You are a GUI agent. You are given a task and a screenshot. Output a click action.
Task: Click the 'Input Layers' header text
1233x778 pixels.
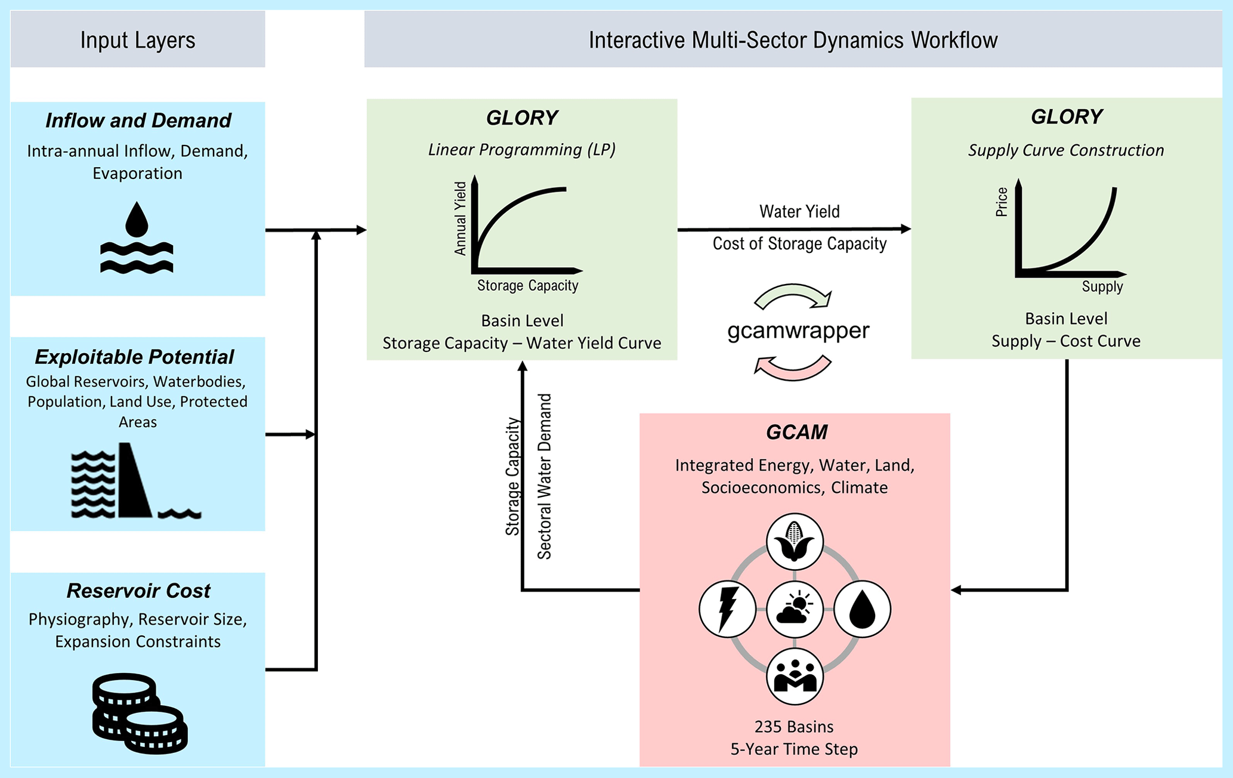pyautogui.click(x=138, y=40)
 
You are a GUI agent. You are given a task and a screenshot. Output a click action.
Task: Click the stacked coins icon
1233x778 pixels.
pyautogui.click(x=140, y=713)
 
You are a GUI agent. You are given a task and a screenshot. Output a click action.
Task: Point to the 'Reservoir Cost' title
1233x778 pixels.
pyautogui.click(x=138, y=591)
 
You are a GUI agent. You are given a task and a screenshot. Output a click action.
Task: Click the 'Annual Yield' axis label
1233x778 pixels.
pyautogui.click(x=460, y=219)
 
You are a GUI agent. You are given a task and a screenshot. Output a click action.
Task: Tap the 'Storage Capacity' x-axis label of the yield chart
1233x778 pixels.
pyautogui.click(x=527, y=286)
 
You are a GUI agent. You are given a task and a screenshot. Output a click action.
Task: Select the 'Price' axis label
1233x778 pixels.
pyautogui.click(x=1002, y=202)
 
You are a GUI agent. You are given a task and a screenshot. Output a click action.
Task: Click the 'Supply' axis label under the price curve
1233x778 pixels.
pyautogui.click(x=1102, y=287)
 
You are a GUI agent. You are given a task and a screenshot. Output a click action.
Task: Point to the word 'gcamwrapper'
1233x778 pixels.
pyautogui.click(x=798, y=330)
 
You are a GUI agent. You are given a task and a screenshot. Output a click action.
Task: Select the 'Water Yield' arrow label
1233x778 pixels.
pyautogui.click(x=799, y=212)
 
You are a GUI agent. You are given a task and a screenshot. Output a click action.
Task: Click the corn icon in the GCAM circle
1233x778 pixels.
pyautogui.click(x=795, y=542)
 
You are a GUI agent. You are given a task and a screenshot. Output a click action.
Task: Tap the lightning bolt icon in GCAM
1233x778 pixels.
pyautogui.click(x=727, y=609)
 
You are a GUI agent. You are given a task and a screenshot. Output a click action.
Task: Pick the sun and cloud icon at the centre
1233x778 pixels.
pyautogui.click(x=795, y=609)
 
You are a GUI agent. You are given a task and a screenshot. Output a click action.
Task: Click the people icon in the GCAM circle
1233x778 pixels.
pyautogui.click(x=795, y=677)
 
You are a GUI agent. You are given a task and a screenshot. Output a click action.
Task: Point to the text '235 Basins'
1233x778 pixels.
pyautogui.click(x=794, y=727)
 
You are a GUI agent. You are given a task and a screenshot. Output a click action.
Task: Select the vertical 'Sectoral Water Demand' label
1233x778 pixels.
pyautogui.click(x=545, y=476)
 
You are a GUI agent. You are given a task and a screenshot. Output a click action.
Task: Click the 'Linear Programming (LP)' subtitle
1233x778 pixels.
pyautogui.click(x=521, y=149)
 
